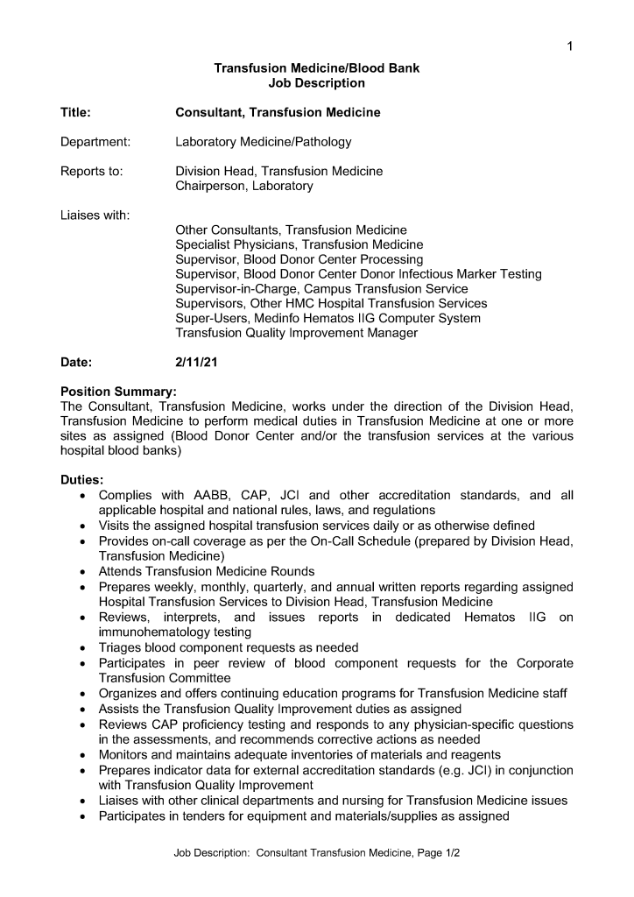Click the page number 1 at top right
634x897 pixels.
[x=569, y=46]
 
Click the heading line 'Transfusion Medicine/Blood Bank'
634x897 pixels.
[x=317, y=68]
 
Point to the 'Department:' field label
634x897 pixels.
[x=95, y=142]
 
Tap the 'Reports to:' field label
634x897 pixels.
[x=91, y=171]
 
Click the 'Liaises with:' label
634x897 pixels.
[x=95, y=215]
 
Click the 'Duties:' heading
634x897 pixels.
[x=81, y=480]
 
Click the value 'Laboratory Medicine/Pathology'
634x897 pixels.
[x=263, y=142]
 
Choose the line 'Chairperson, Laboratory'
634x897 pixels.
[x=243, y=186]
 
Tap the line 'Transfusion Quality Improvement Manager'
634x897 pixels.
[x=296, y=333]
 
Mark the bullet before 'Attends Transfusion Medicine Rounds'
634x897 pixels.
[x=81, y=570]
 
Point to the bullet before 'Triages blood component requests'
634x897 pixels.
[x=81, y=646]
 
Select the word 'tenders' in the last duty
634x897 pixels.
[x=205, y=816]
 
